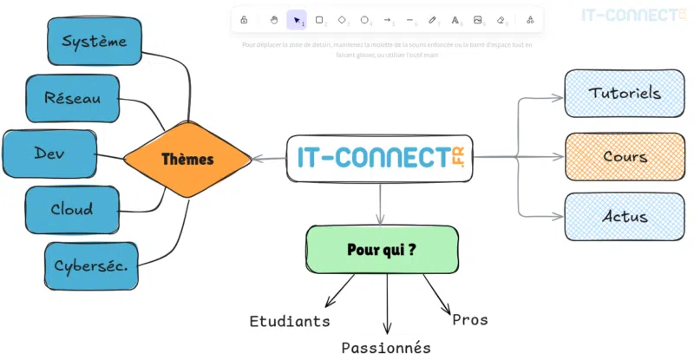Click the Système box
tap(95, 40)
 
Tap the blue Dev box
tap(49, 154)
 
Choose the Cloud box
tap(71, 209)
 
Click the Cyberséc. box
tap(90, 265)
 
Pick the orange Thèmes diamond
tap(187, 160)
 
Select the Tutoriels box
tap(625, 93)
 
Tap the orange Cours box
tap(625, 157)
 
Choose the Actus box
tap(625, 216)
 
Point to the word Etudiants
tap(290, 321)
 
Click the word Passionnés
tap(386, 348)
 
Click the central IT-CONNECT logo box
tap(379, 158)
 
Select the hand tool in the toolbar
tap(274, 20)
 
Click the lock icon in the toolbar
tap(244, 20)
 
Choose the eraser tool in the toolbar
tap(501, 20)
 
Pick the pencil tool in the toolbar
tap(432, 20)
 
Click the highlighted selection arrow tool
tap(297, 20)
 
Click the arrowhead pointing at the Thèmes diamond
tap(257, 159)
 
